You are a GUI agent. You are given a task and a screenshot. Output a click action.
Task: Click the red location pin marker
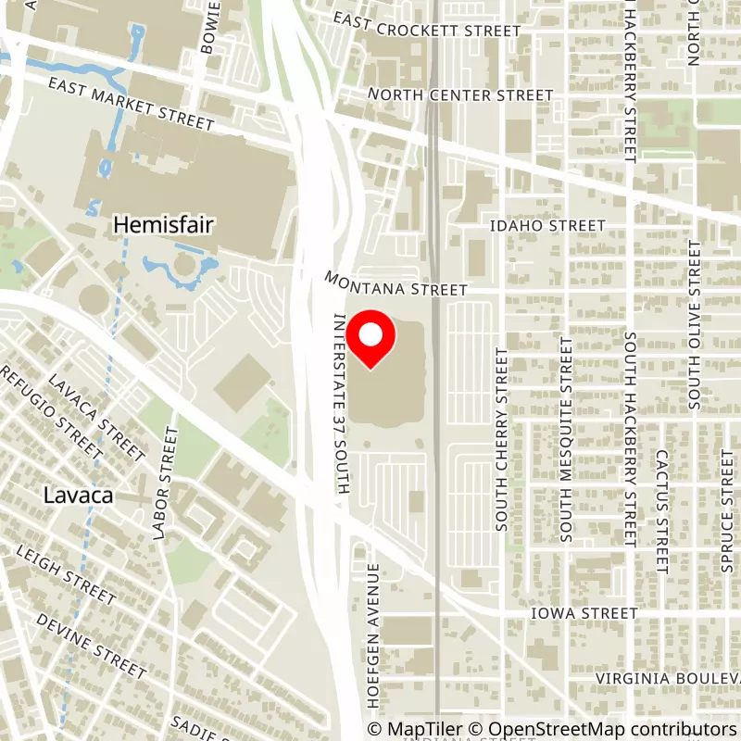[370, 339]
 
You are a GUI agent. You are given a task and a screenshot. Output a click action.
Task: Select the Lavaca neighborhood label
[78, 496]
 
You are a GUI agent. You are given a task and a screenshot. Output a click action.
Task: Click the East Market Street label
[132, 104]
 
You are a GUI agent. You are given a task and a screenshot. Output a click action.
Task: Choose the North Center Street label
[460, 94]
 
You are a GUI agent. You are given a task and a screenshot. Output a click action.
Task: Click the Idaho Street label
[548, 225]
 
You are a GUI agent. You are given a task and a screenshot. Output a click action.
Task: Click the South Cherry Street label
[502, 439]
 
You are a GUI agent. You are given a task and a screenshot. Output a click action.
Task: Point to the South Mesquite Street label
[565, 439]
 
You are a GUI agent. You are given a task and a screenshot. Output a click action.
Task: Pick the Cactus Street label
[661, 511]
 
